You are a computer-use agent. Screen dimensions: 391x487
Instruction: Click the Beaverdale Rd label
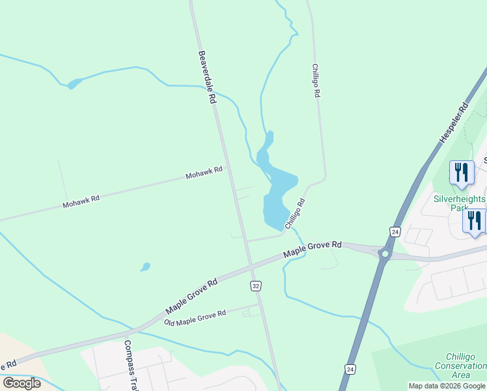click(x=207, y=78)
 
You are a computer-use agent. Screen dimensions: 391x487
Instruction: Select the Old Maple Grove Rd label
click(x=195, y=319)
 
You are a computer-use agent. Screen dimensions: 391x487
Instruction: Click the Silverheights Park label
click(x=460, y=203)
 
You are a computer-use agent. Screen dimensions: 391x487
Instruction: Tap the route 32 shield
click(x=256, y=286)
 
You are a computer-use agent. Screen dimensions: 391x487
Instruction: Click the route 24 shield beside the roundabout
click(x=395, y=231)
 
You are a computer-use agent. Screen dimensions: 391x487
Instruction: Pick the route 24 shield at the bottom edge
click(x=351, y=369)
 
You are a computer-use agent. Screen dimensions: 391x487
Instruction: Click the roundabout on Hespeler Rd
click(x=385, y=253)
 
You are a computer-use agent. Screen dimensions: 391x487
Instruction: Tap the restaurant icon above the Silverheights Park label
click(x=462, y=173)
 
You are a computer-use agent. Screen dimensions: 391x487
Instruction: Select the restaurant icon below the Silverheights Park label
click(x=474, y=221)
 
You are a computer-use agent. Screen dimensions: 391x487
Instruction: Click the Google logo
click(x=21, y=383)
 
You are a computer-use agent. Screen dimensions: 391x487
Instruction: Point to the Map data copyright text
click(x=447, y=386)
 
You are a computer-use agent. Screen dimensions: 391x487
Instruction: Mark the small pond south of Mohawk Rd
click(x=145, y=267)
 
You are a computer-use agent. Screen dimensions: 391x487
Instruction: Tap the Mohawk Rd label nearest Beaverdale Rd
click(x=204, y=173)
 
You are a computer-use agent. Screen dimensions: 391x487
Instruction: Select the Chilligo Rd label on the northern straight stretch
click(x=315, y=80)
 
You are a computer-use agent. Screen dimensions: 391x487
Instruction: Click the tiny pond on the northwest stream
click(x=74, y=83)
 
